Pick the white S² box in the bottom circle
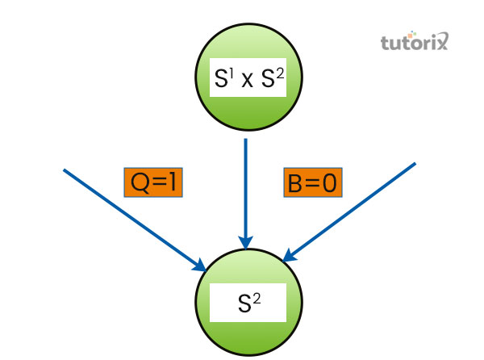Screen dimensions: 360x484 click(x=247, y=303)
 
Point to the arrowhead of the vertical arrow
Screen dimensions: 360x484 click(x=246, y=242)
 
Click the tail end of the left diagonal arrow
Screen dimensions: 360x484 click(x=64, y=170)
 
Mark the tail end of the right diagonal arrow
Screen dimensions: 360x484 click(x=415, y=164)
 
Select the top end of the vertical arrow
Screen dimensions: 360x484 click(x=246, y=140)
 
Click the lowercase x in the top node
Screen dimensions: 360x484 click(x=246, y=81)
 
